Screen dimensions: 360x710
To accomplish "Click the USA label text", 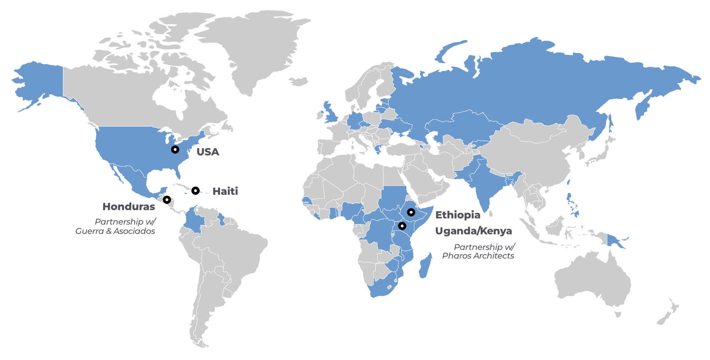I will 208,152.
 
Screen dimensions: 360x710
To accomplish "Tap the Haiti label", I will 225,191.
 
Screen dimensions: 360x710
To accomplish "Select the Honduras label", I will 129,206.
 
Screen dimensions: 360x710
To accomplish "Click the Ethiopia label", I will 458,215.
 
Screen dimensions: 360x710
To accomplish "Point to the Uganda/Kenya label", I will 473,231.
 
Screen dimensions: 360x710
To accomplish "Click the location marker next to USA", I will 175,150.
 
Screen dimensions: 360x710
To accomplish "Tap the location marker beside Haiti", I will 195,191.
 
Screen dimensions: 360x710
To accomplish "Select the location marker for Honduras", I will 167,200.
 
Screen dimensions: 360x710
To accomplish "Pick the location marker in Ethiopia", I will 411,212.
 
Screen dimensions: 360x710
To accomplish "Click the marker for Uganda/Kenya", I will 402,226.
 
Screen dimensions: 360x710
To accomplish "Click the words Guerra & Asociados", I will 115,231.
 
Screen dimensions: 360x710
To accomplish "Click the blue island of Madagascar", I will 425,266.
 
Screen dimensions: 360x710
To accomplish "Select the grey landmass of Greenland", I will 248,49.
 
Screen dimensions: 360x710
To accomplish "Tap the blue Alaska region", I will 40,84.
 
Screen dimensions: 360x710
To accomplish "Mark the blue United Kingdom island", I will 331,114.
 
